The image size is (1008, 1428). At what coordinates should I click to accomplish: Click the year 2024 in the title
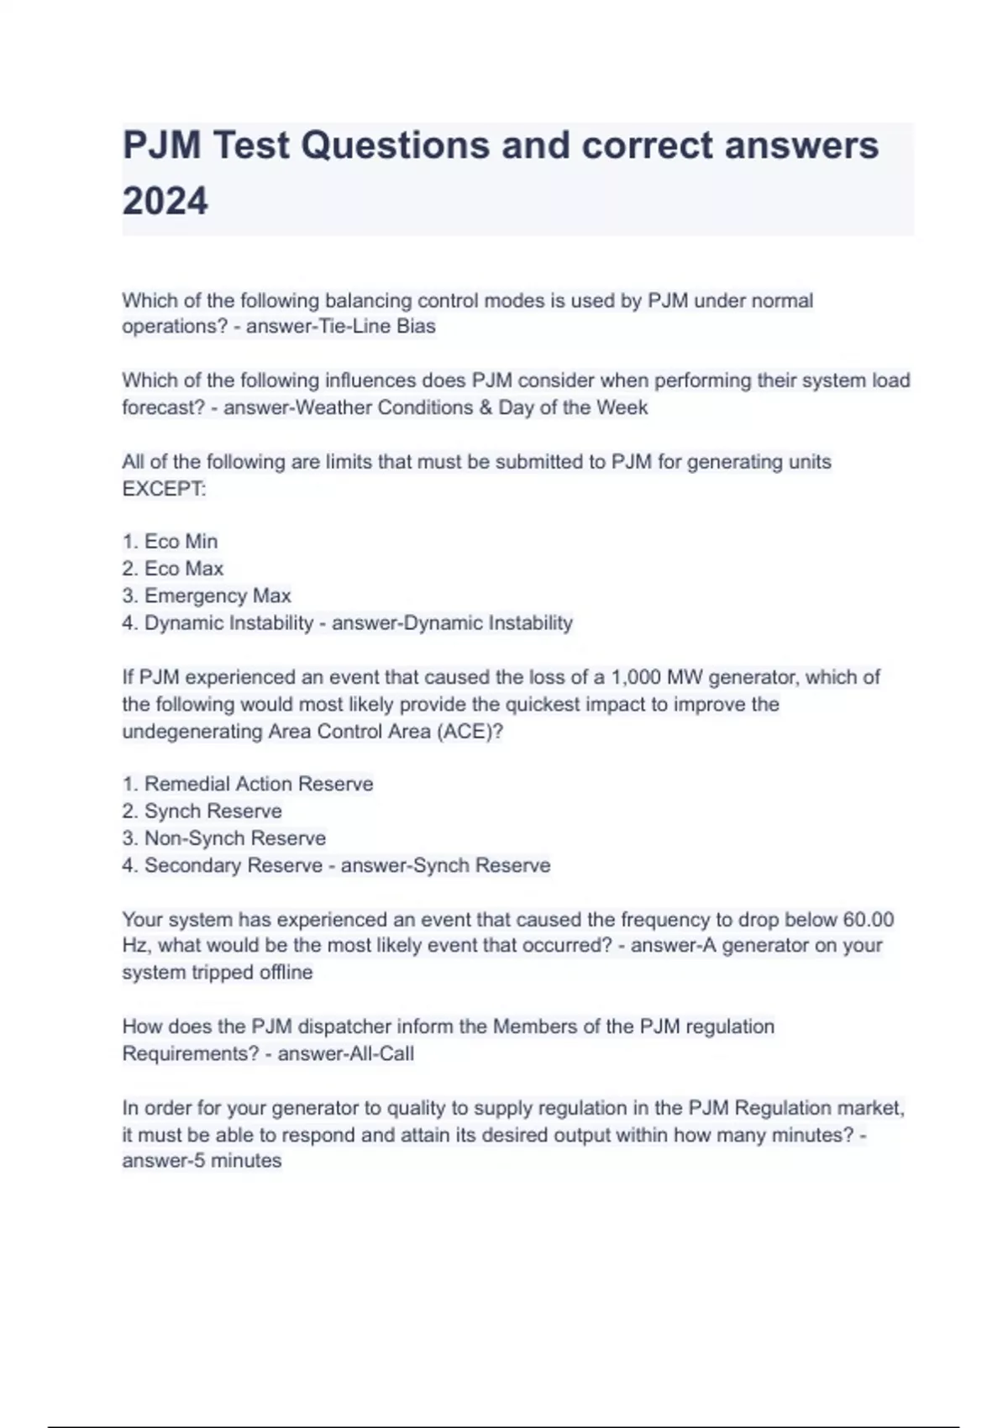point(165,202)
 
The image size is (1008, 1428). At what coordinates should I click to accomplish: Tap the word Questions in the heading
point(395,145)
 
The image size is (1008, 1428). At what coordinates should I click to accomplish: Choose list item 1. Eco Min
point(171,542)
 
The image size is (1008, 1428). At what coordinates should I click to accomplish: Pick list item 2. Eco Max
point(173,569)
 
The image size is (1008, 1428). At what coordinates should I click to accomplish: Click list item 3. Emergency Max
point(207,596)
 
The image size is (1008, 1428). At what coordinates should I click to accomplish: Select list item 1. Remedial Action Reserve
point(248,784)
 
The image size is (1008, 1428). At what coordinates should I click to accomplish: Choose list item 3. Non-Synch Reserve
point(224,838)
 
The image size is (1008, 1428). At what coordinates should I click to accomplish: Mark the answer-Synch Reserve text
point(446,865)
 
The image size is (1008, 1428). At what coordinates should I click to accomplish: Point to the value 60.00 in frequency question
point(868,920)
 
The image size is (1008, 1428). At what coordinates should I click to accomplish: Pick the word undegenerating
point(192,732)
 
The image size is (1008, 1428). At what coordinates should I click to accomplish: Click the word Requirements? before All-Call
point(191,1053)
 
